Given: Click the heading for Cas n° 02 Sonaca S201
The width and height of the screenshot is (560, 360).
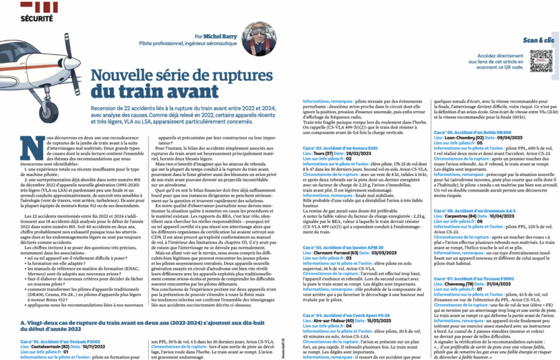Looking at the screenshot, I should pyautogui.click(x=335, y=148).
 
